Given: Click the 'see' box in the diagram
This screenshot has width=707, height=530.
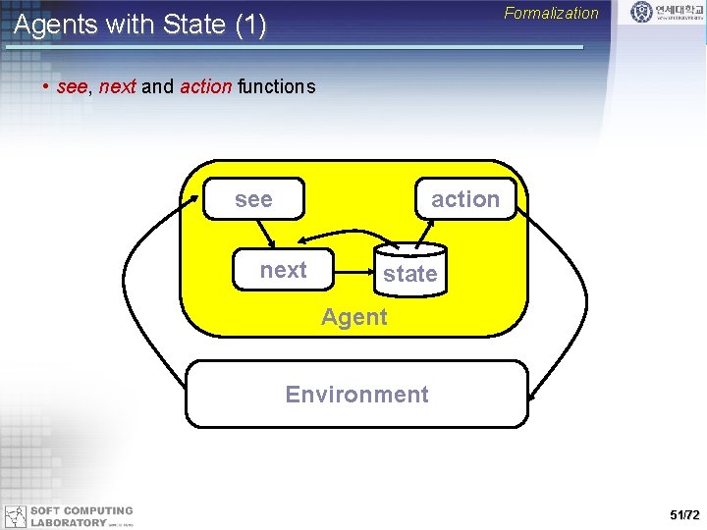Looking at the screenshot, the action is click(253, 199).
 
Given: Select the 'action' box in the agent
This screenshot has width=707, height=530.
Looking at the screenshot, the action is click(465, 199).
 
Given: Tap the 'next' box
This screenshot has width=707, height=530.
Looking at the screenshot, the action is click(283, 270).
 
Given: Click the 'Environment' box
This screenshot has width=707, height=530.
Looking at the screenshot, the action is click(356, 395).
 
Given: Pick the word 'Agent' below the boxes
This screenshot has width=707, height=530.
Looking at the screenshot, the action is click(354, 317).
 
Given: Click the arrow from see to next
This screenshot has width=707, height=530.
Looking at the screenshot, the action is click(265, 233).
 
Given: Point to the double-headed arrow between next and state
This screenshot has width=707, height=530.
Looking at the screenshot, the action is click(344, 236).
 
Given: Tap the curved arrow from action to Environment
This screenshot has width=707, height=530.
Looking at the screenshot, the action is click(568, 294).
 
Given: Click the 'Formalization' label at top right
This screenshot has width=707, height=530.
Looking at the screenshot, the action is click(551, 14).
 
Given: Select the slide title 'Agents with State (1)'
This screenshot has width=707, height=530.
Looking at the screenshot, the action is click(139, 26).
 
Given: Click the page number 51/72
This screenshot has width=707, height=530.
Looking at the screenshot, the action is click(683, 514).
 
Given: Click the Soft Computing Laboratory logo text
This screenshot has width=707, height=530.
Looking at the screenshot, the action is click(82, 516).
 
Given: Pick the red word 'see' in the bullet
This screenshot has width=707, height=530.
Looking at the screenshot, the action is click(73, 86).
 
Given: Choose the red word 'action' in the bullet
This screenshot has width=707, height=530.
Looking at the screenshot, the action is click(205, 86).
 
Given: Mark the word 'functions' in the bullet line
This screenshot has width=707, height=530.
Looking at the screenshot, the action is click(276, 86).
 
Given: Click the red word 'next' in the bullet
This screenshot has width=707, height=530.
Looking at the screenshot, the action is click(117, 86).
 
